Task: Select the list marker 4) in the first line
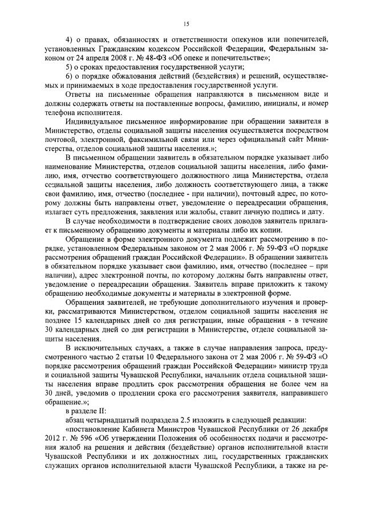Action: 70,39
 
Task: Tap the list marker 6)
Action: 70,76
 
